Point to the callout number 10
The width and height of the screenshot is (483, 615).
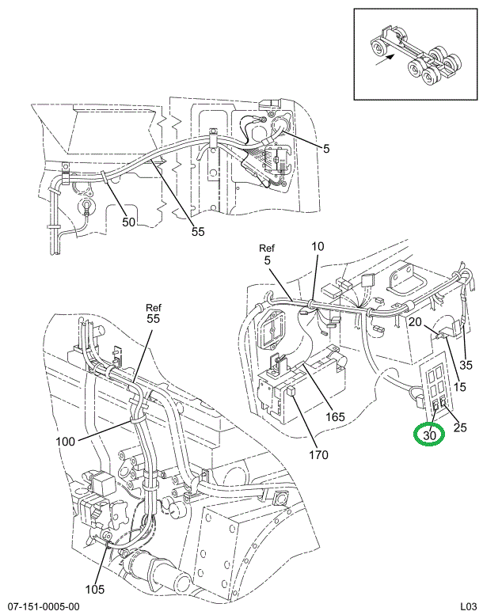tap(317, 247)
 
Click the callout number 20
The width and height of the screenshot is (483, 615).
tap(415, 321)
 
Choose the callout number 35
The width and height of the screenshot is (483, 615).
tap(466, 365)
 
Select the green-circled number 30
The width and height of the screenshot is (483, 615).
tap(430, 435)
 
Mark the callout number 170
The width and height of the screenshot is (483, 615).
tap(319, 455)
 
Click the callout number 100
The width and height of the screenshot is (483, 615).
tap(67, 441)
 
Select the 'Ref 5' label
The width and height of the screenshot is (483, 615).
tap(266, 253)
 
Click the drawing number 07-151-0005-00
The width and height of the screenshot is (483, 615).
tap(41, 606)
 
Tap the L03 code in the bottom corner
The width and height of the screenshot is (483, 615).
tap(466, 606)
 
